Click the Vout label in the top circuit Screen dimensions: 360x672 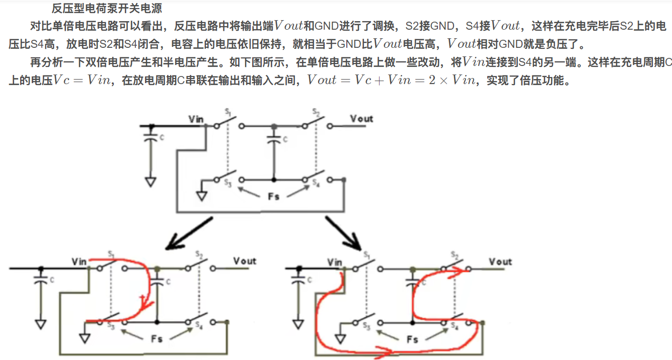361,118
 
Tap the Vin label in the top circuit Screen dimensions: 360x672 196,119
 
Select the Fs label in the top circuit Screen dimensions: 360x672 273,196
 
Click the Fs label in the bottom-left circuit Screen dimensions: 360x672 157,338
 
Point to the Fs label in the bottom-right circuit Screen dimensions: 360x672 412,339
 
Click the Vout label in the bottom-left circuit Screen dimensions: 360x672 245,261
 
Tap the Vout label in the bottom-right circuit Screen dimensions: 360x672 500,261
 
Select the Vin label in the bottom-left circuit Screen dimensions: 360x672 79,261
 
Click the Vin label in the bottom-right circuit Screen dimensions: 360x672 335,262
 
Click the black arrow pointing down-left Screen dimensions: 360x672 189,234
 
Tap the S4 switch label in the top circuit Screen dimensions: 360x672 316,184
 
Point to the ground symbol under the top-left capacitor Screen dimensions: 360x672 150,182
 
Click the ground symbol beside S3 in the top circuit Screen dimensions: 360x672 202,195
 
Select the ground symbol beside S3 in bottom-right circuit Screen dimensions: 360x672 340,338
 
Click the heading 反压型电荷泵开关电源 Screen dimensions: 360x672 107,9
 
